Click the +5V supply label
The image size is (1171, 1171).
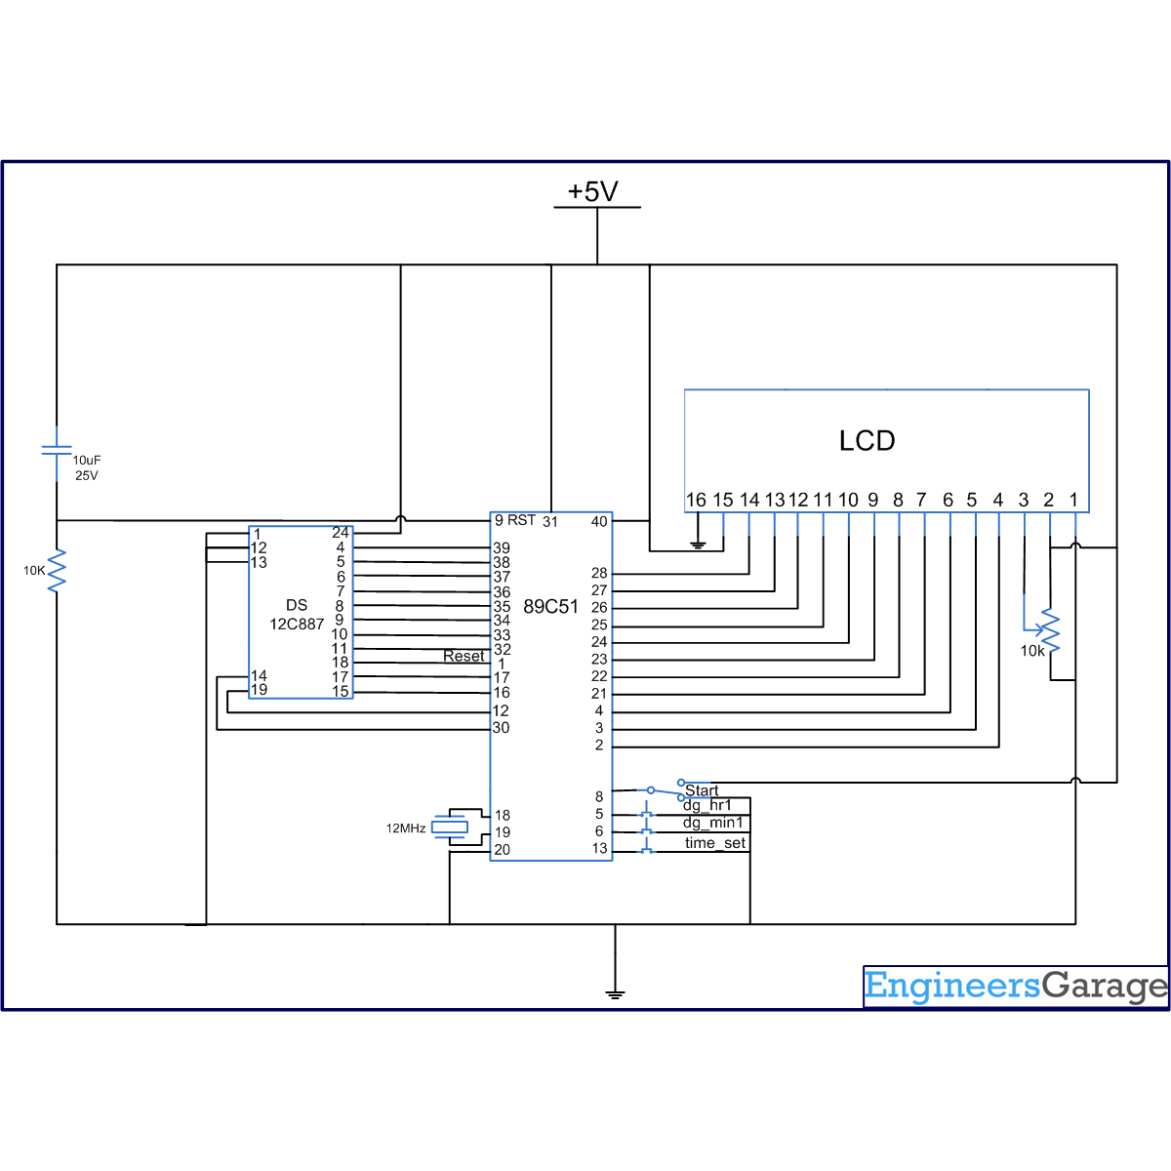point(593,192)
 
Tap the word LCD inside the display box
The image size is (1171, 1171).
point(867,441)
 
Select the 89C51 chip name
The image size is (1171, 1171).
point(550,607)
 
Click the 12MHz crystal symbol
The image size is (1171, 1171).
point(451,828)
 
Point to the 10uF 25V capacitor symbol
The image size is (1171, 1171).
point(57,451)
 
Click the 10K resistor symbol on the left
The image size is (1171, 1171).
point(57,570)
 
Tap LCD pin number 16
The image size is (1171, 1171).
point(696,500)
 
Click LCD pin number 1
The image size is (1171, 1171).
point(1073,500)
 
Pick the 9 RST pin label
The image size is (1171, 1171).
point(515,520)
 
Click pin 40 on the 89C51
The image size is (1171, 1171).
point(599,521)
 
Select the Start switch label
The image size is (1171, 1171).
point(702,790)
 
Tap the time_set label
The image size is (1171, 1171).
point(714,843)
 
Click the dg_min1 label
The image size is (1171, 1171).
point(712,824)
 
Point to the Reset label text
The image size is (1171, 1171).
point(464,656)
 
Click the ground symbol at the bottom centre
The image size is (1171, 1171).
point(615,993)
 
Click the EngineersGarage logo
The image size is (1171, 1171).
point(1015,987)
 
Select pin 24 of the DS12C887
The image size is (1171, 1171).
point(340,533)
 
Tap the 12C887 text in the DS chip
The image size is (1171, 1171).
point(297,625)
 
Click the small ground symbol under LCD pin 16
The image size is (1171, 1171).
point(697,545)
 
